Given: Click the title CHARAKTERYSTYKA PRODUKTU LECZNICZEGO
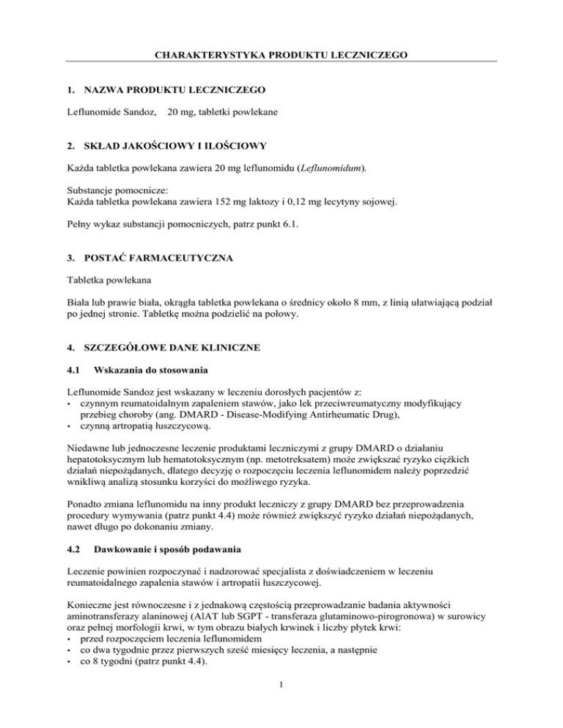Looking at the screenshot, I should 281,54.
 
